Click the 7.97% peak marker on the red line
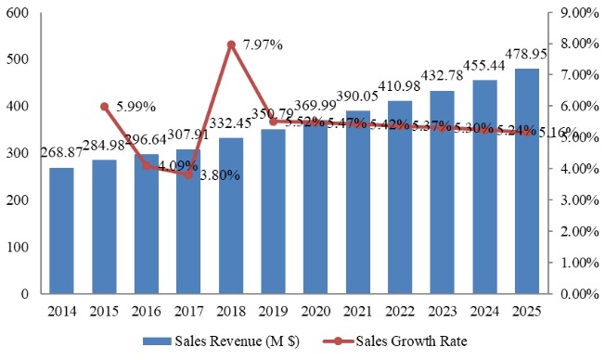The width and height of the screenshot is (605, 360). pos(231,45)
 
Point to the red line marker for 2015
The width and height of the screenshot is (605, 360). pos(104,107)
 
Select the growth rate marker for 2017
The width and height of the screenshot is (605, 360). pos(188,174)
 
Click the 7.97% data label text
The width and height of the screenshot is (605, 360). pos(263,44)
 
